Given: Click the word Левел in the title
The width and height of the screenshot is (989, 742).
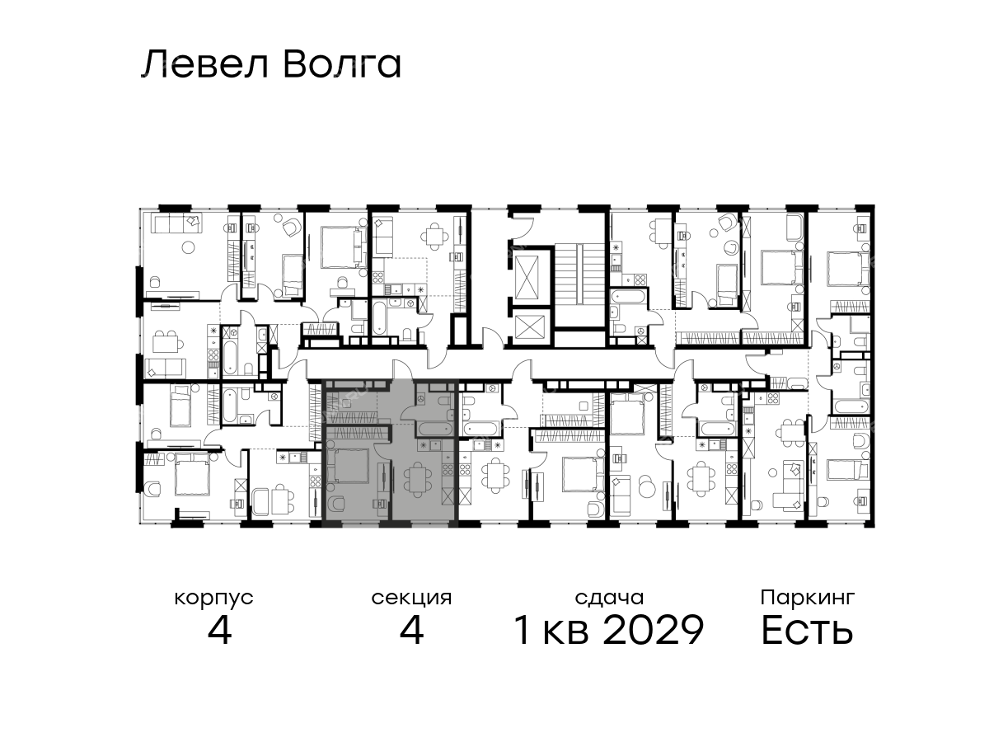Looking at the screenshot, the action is click(x=205, y=65).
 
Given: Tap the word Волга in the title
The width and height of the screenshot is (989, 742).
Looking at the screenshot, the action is click(x=342, y=65).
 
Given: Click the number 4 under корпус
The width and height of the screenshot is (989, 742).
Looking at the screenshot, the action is click(x=219, y=630).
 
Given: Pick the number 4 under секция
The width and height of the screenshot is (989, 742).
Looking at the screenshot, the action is click(x=411, y=630).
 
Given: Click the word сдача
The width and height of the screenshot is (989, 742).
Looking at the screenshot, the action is click(x=609, y=599).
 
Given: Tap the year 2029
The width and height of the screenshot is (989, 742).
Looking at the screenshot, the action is click(x=653, y=630).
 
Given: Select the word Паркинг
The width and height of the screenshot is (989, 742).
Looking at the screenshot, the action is click(x=808, y=599).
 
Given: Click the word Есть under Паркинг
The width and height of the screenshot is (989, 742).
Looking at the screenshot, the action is click(x=807, y=630).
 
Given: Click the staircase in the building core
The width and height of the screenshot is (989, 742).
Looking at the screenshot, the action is click(x=579, y=275).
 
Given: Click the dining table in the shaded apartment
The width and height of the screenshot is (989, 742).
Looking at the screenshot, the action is click(x=417, y=479).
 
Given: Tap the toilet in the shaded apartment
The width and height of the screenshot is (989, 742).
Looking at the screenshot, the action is click(x=443, y=401).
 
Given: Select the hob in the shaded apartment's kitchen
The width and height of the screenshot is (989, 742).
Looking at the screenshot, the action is click(x=448, y=470).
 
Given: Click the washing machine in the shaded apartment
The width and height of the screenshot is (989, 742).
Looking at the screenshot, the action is click(x=421, y=399).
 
